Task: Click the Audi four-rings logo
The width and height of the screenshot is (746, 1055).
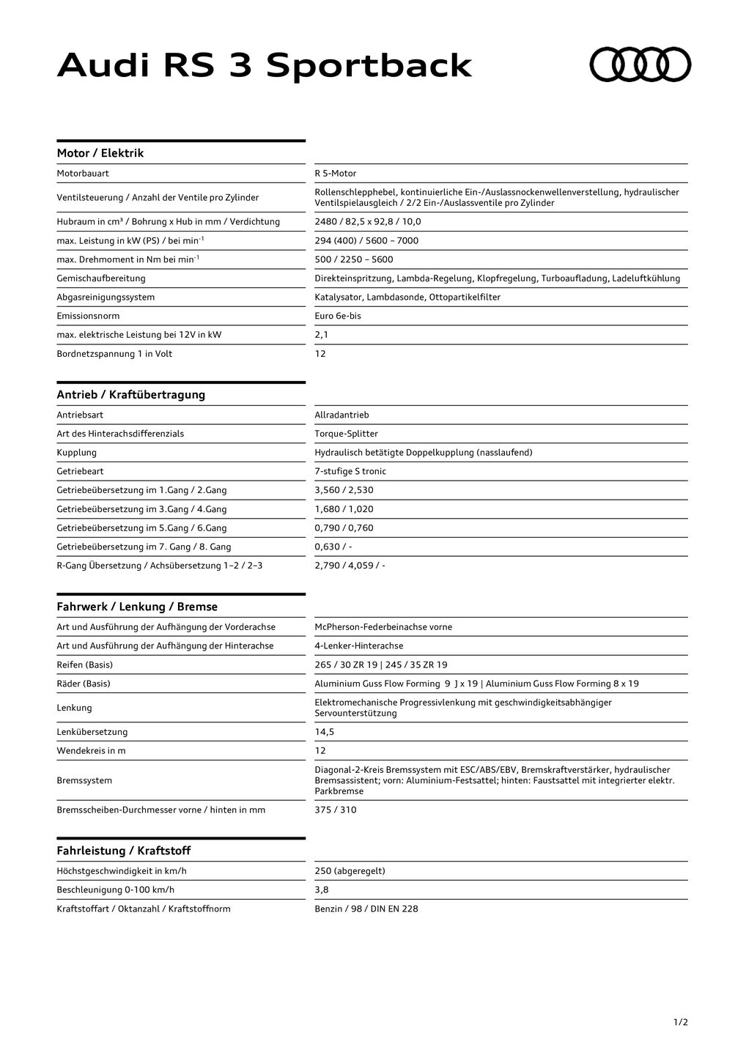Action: click(640, 64)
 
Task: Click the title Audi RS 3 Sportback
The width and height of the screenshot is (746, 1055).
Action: click(265, 66)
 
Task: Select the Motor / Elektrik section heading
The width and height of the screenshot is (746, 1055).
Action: click(100, 153)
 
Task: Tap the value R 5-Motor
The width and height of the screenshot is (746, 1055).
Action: click(336, 174)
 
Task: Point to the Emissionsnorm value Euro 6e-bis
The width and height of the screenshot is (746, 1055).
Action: click(338, 316)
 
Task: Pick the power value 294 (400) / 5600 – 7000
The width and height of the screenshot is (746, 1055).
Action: click(366, 240)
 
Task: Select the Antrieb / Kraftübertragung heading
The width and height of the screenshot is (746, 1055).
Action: click(131, 395)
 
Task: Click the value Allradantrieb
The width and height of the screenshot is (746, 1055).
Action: click(341, 415)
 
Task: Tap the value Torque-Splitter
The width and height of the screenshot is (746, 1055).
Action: click(346, 434)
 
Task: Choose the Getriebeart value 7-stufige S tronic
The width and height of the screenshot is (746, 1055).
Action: click(350, 471)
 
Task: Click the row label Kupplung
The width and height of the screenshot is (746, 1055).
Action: click(77, 453)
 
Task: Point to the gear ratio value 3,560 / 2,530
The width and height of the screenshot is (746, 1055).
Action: click(344, 490)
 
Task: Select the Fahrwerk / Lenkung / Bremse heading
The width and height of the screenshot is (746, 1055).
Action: click(137, 607)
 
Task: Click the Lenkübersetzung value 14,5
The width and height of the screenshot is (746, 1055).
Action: click(325, 732)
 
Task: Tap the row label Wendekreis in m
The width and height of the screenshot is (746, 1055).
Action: click(91, 751)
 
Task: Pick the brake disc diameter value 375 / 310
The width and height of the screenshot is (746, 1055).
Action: click(336, 810)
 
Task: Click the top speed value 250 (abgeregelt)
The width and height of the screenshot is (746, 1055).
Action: click(350, 871)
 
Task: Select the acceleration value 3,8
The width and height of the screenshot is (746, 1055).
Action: click(322, 890)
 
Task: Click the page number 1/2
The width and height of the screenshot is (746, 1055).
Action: click(681, 1022)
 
